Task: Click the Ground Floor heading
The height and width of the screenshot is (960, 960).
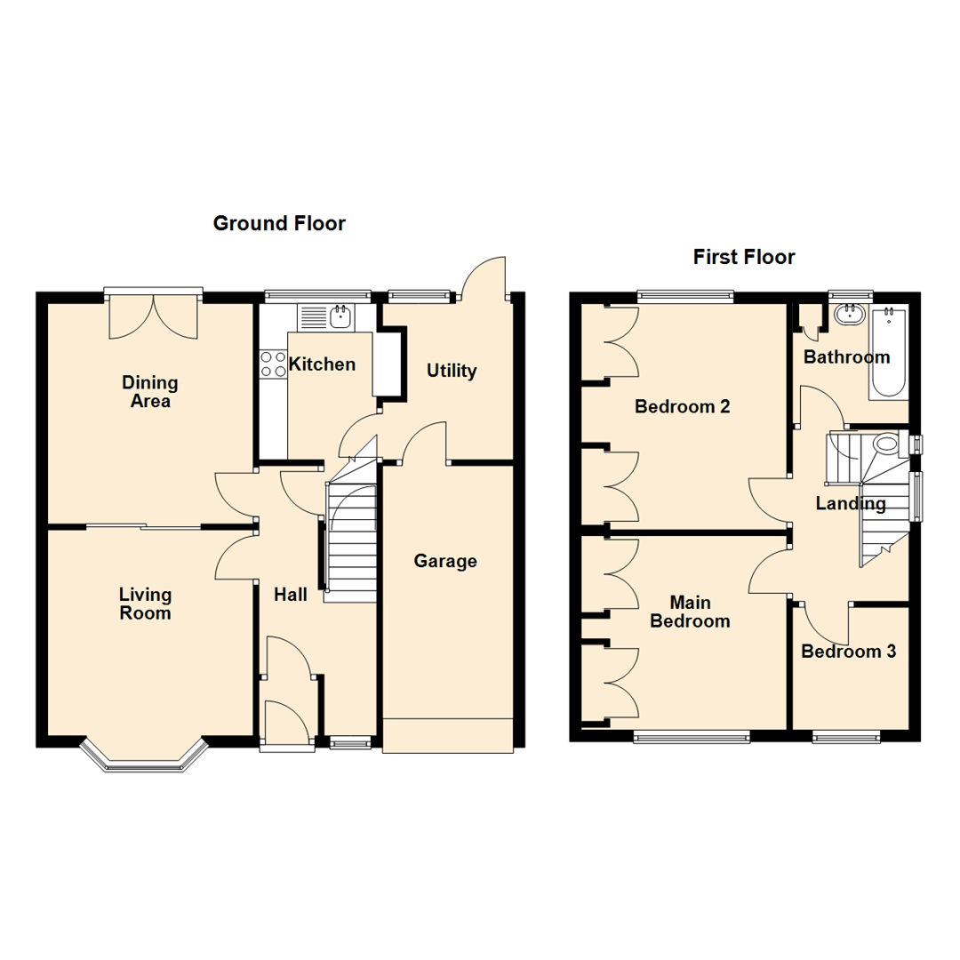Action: [279, 223]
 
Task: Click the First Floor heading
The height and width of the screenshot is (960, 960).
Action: [744, 257]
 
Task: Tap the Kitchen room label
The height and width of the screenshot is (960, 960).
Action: [322, 364]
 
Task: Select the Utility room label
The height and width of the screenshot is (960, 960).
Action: [452, 371]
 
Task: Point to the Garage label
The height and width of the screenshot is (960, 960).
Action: [445, 561]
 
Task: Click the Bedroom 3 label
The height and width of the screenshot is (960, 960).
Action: [848, 652]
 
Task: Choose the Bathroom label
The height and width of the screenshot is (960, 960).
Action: [846, 357]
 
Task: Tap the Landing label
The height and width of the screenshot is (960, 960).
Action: [851, 504]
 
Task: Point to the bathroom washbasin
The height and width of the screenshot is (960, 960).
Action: [851, 312]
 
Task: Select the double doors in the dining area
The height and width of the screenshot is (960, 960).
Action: [153, 316]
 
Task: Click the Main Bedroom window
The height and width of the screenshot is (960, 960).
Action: [691, 735]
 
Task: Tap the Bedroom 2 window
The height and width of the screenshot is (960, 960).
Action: [684, 297]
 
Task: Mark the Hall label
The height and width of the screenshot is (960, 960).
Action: [290, 595]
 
